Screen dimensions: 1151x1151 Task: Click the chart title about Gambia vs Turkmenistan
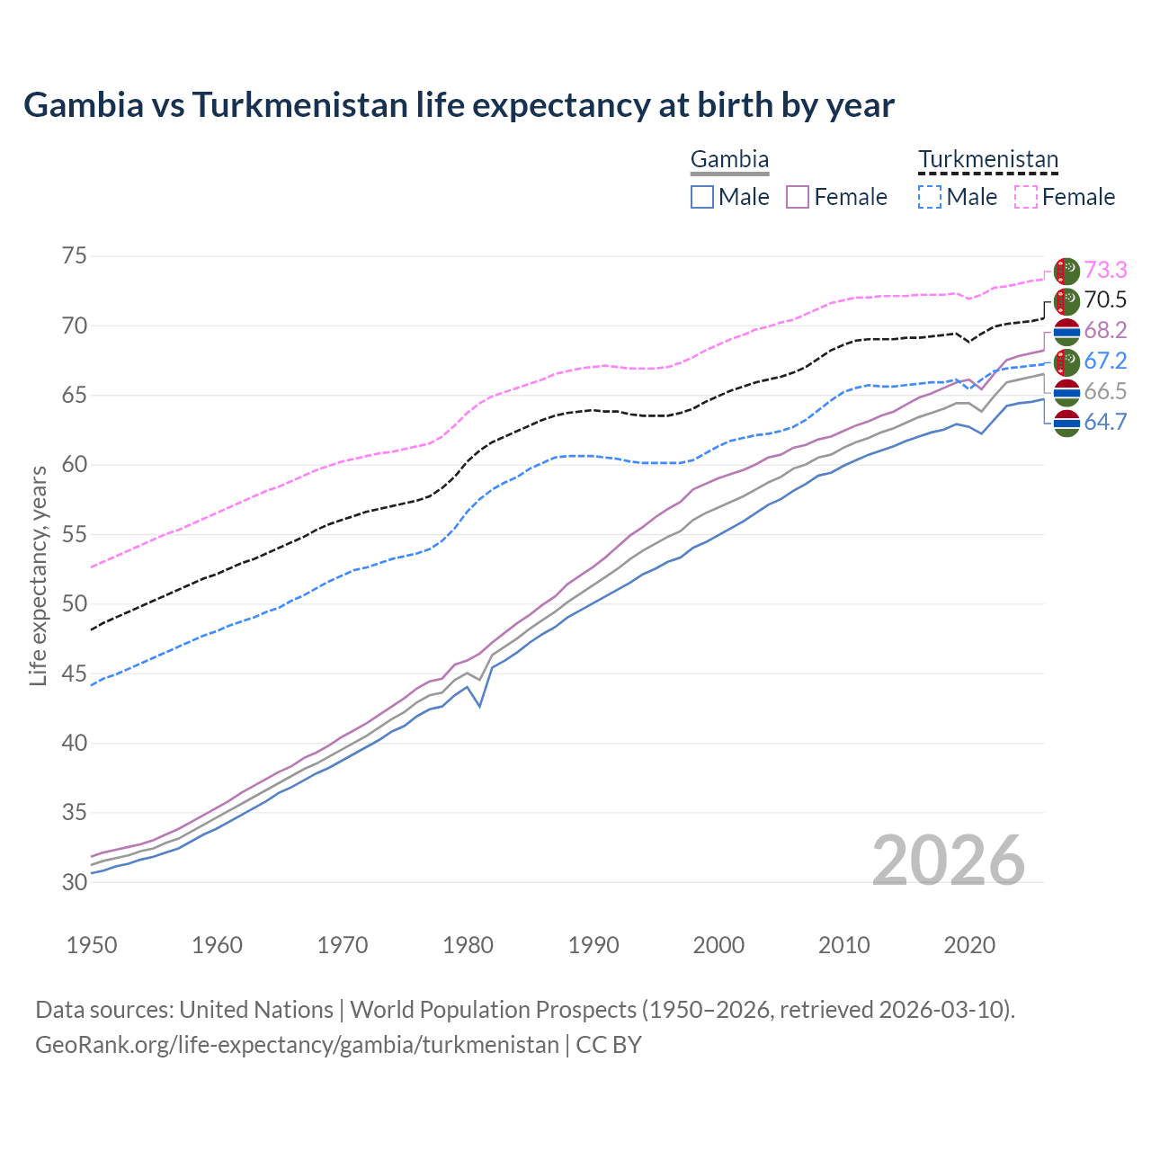(x=459, y=105)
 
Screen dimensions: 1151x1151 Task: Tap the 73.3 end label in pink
(x=1105, y=270)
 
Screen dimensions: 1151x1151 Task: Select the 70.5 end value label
(x=1105, y=300)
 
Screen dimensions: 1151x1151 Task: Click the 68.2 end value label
(x=1105, y=331)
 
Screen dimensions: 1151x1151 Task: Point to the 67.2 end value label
(x=1105, y=361)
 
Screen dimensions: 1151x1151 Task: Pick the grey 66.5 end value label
(x=1105, y=392)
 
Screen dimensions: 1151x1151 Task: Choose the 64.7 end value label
(x=1105, y=422)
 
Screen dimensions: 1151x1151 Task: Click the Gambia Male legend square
(x=702, y=197)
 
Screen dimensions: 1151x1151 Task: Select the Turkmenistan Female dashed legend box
(x=1026, y=197)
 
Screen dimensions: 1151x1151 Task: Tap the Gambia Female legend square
(x=798, y=197)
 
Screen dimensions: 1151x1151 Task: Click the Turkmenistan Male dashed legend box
(x=930, y=197)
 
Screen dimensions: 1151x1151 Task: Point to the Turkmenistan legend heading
(x=987, y=160)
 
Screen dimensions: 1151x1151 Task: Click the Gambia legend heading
(x=729, y=160)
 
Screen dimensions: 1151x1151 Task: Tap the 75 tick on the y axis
(x=75, y=256)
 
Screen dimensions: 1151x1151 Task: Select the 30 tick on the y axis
(x=75, y=882)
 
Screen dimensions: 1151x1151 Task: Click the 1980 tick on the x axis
(x=468, y=945)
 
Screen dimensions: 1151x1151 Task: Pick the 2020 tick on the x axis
(x=969, y=945)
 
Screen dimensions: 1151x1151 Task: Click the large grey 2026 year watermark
(x=949, y=861)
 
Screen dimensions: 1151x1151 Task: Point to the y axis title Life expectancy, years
(x=38, y=575)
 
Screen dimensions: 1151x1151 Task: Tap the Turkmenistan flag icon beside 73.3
(x=1066, y=271)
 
